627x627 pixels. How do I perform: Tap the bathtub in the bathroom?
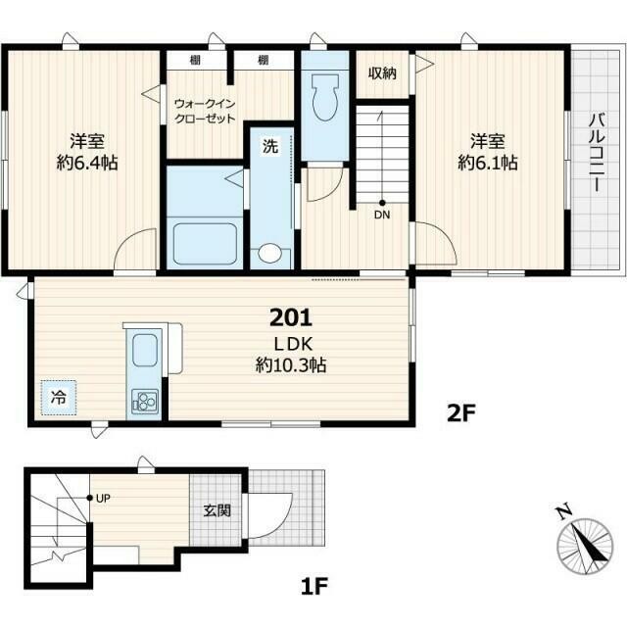click(x=205, y=244)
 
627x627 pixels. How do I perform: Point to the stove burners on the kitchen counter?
click(x=144, y=401)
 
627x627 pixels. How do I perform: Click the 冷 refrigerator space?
click(x=59, y=398)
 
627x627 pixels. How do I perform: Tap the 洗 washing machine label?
click(x=270, y=146)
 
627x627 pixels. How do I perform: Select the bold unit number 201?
click(x=291, y=317)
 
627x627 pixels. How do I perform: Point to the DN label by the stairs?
click(x=382, y=216)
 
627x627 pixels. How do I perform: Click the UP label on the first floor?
click(x=103, y=499)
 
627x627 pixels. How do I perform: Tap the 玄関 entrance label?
click(x=217, y=510)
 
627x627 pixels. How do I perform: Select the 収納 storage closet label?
click(x=382, y=73)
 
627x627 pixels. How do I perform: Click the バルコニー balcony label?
click(x=599, y=154)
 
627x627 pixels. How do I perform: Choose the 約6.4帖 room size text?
click(x=87, y=163)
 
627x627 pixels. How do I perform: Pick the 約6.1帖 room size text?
click(x=488, y=163)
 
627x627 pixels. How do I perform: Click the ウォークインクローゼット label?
click(x=205, y=111)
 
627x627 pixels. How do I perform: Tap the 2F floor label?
click(x=460, y=414)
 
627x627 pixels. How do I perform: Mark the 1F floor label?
click(x=314, y=587)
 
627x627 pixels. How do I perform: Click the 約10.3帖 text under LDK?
click(x=291, y=364)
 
